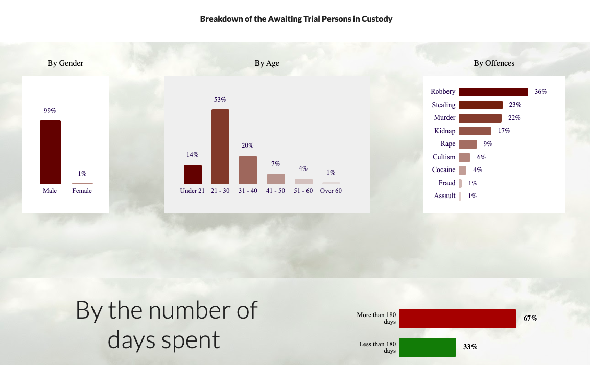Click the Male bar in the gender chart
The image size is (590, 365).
[x=50, y=152]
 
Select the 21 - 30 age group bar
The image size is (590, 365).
[x=220, y=147]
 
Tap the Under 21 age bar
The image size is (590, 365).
[x=193, y=175]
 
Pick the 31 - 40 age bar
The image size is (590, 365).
[x=248, y=170]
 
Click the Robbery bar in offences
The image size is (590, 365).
[x=493, y=92]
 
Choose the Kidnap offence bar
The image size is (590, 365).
[x=475, y=131]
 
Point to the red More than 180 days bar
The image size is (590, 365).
[x=458, y=319]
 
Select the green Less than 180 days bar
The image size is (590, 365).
[x=428, y=347]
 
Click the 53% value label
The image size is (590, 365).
[x=220, y=100]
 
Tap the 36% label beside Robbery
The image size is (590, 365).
[x=541, y=92]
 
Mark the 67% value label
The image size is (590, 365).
[x=530, y=319]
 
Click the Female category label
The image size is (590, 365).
[x=82, y=191]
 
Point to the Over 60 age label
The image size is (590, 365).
[x=331, y=191]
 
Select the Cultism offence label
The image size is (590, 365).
[x=444, y=157]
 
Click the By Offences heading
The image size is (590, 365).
[x=494, y=63]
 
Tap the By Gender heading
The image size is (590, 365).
[x=65, y=63]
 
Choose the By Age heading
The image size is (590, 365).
[x=267, y=63]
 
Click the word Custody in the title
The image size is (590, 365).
[x=377, y=19]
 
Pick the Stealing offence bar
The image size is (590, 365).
[x=481, y=105]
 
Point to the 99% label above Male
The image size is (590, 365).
[x=50, y=111]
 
